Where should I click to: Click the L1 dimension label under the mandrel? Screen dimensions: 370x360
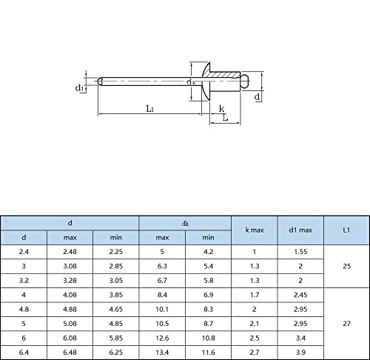coord(150,109)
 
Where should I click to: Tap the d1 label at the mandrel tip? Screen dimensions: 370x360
coord(79,87)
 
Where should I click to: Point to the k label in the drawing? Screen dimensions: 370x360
coord(221,108)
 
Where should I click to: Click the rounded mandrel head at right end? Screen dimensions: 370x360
coord(245,81)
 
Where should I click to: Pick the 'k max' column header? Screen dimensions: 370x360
coord(255,230)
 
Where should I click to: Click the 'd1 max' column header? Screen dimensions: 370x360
coord(300,230)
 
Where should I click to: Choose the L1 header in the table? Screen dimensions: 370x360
coord(346,230)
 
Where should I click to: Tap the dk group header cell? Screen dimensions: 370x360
coord(185,224)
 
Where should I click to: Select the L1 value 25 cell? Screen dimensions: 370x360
coord(346,266)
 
